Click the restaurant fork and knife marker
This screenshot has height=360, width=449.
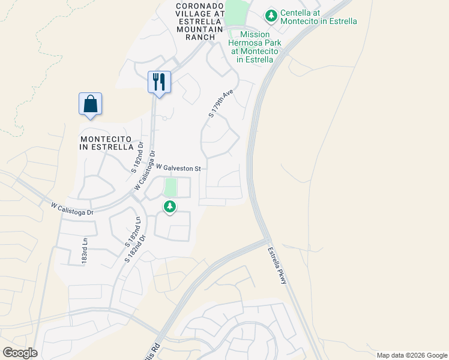pyautogui.click(x=159, y=82)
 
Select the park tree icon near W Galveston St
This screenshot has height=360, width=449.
pyautogui.click(x=170, y=207)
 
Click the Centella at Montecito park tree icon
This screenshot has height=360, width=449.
pyautogui.click(x=271, y=15)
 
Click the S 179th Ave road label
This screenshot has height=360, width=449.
pyautogui.click(x=220, y=104)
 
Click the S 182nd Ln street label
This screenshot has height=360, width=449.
pyautogui.click(x=132, y=232)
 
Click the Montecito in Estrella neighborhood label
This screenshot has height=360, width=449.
pyautogui.click(x=107, y=142)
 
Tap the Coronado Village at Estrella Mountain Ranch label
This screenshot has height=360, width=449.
pyautogui.click(x=200, y=21)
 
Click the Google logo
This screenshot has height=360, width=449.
pyautogui.click(x=20, y=353)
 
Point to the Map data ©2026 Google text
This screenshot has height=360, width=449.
pyautogui.click(x=411, y=355)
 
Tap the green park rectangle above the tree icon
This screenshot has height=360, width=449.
pyautogui.click(x=170, y=187)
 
